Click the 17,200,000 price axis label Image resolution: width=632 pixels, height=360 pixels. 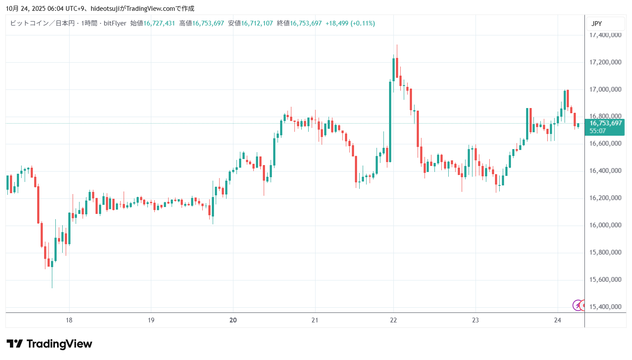(x=605, y=62)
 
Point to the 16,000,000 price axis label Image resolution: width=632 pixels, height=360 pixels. (x=605, y=225)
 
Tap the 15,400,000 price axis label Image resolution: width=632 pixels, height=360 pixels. (x=605, y=307)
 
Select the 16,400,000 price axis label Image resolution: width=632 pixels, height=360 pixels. (x=605, y=171)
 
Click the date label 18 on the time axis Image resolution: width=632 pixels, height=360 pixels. (x=69, y=320)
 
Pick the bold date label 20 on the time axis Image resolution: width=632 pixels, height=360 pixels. (x=233, y=320)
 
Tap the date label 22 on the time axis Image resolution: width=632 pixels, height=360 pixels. (x=393, y=320)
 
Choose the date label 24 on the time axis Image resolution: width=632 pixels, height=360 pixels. (x=557, y=320)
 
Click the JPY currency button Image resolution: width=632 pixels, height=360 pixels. (x=597, y=24)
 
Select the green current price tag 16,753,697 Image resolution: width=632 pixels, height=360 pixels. (x=606, y=123)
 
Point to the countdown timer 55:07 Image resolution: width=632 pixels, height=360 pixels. (x=597, y=131)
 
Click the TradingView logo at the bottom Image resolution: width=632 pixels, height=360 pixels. (x=49, y=344)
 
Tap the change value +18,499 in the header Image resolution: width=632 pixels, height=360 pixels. (x=337, y=23)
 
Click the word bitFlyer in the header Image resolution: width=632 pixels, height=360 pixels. (x=115, y=23)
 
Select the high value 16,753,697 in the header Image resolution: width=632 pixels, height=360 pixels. (x=208, y=23)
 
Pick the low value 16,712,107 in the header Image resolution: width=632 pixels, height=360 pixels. (x=257, y=23)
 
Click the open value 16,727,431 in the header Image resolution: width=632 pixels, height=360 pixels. (x=159, y=23)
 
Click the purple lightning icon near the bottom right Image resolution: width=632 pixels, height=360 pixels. (x=577, y=306)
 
